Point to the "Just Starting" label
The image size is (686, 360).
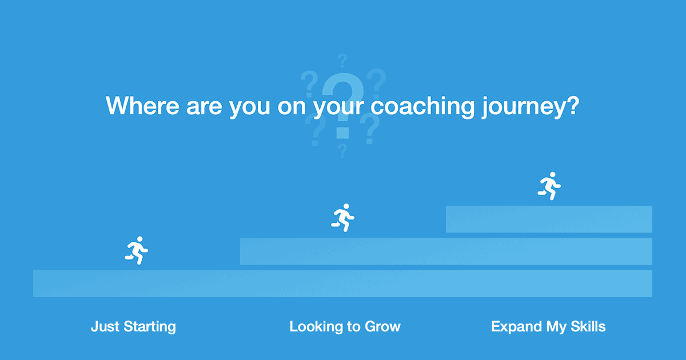click(x=133, y=327)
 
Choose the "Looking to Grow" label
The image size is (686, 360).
click(x=345, y=327)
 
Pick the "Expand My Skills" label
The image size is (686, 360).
click(x=548, y=327)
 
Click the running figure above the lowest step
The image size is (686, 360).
click(x=136, y=250)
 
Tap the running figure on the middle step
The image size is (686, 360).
click(x=342, y=217)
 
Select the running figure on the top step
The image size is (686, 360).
click(x=549, y=186)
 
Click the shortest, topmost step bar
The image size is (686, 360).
click(x=549, y=219)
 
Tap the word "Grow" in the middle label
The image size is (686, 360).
click(x=383, y=327)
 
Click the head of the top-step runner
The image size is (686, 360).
click(x=552, y=175)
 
